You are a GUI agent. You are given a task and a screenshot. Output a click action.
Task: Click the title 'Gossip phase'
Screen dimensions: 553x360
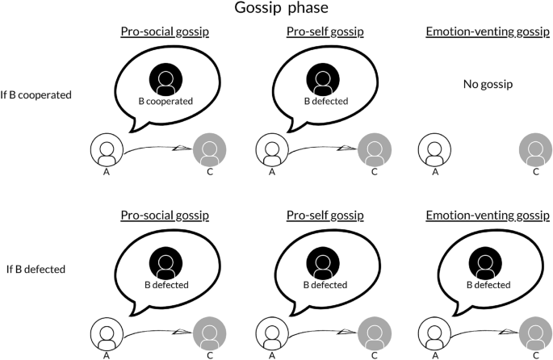pyautogui.click(x=277, y=10)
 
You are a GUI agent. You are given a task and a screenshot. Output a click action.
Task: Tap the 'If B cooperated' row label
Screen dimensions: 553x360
pyautogui.click(x=37, y=94)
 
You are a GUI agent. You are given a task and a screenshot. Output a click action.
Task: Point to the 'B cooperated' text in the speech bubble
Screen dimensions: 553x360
pyautogui.click(x=165, y=103)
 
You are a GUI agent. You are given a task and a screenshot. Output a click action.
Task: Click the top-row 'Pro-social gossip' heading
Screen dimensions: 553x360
pyautogui.click(x=165, y=32)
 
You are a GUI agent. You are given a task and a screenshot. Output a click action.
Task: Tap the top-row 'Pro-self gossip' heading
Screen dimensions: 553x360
pyautogui.click(x=325, y=32)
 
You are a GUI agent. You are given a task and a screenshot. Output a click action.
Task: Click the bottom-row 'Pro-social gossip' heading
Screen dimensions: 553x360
pyautogui.click(x=165, y=216)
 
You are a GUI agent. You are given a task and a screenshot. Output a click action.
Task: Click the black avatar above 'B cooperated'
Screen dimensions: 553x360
pyautogui.click(x=165, y=78)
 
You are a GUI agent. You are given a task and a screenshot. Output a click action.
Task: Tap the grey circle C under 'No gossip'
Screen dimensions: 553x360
pyautogui.click(x=535, y=150)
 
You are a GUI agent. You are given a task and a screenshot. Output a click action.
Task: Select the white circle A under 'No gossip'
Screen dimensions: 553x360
pyautogui.click(x=435, y=150)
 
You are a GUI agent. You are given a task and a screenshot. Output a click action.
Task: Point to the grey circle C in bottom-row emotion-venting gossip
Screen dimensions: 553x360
pyautogui.click(x=535, y=332)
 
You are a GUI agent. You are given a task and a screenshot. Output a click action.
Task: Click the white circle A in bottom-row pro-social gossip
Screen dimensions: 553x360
pyautogui.click(x=106, y=332)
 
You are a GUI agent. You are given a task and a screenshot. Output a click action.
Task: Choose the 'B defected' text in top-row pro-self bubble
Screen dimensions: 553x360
pyautogui.click(x=323, y=103)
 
